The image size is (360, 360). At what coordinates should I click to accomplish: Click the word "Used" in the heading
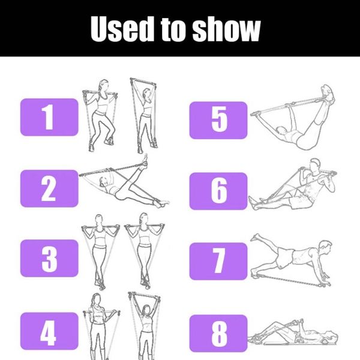122,29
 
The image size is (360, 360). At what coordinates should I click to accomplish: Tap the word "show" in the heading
226,29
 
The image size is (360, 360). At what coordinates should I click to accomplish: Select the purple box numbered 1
49,117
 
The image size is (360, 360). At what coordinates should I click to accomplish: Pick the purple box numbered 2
49,188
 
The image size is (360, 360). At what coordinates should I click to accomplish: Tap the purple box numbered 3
49,258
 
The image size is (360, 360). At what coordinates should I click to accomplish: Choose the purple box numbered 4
49,331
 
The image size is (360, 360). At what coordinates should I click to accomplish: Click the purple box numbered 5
218,120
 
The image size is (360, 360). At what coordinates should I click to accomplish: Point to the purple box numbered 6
218,191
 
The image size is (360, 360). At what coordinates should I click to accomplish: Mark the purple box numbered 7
218,261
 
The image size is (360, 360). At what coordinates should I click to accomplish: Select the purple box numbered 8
218,334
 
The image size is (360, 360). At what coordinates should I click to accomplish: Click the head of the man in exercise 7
326,247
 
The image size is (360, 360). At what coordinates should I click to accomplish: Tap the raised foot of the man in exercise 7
256,237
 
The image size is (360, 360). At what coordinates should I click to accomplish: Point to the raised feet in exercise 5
328,93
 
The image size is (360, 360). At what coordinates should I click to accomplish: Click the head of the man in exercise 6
314,166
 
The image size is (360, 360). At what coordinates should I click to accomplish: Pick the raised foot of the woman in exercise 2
144,161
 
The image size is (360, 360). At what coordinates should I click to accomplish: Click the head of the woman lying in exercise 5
281,131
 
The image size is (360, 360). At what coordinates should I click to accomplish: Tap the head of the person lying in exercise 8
331,337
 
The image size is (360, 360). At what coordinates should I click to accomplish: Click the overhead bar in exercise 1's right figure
143,80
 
